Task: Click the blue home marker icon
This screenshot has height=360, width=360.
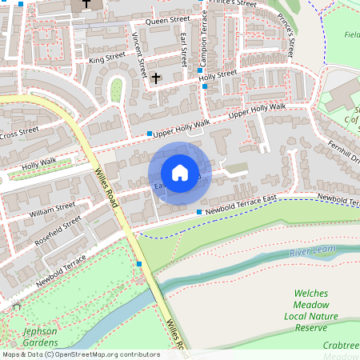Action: tap(180, 173)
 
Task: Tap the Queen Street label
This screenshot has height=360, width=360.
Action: tap(167, 19)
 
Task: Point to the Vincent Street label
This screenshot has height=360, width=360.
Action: tap(138, 53)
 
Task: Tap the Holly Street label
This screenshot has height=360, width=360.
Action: tap(218, 74)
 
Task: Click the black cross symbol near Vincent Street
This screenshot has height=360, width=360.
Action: tap(156, 78)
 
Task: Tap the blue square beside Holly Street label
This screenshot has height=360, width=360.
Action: tap(199, 70)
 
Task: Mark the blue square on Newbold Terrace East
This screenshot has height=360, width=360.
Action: tap(199, 211)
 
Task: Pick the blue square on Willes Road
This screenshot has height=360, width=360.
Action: tap(139, 263)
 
